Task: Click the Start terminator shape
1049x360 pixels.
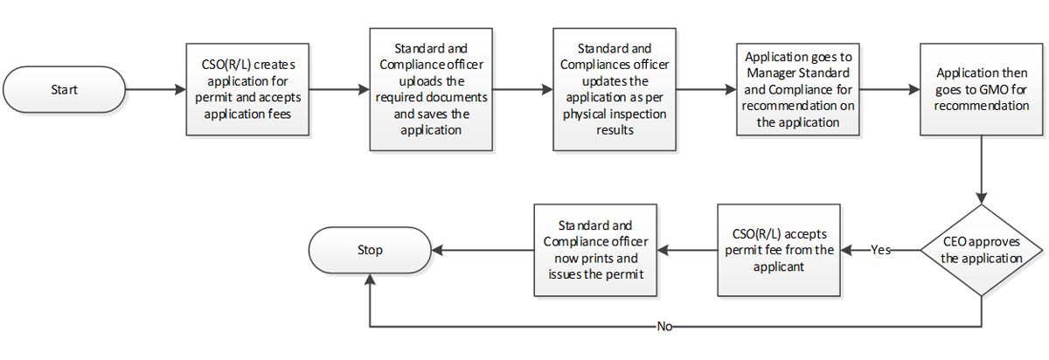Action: coord(65,89)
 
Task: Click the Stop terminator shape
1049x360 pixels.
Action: coord(371,250)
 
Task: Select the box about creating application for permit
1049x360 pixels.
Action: coord(248,89)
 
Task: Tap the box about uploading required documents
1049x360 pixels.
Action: coord(428,88)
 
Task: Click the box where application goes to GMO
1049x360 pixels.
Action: coord(981,88)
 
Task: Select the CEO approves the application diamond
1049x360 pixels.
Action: coord(983,250)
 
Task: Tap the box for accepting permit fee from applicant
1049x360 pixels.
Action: coord(778,250)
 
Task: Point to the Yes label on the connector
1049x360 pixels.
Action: coord(882,250)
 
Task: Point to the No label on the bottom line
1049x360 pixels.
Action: coord(665,327)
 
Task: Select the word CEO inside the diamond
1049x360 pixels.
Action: coord(954,243)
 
